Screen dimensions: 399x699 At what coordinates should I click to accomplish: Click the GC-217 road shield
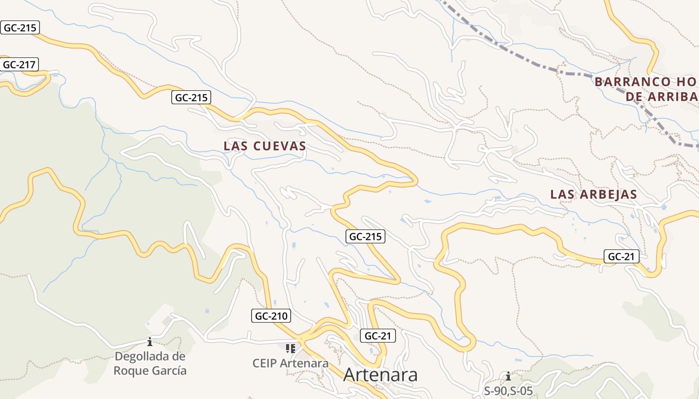click(x=20, y=64)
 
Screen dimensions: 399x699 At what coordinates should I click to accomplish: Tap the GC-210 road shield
click(x=271, y=316)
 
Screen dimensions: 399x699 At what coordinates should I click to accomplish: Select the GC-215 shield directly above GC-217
click(x=20, y=27)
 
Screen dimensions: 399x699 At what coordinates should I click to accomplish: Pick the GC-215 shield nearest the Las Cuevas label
click(x=190, y=98)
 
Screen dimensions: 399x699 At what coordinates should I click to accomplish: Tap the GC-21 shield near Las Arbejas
click(x=621, y=257)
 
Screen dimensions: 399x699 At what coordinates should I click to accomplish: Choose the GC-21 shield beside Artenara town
click(x=377, y=336)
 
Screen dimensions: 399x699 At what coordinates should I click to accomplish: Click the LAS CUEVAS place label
click(x=265, y=146)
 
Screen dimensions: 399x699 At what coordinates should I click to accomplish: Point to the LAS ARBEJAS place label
click(x=594, y=195)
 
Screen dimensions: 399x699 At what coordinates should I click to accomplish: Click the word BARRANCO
click(x=631, y=82)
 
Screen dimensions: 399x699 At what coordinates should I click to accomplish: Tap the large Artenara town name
click(x=380, y=375)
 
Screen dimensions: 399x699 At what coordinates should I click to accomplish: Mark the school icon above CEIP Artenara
click(x=291, y=348)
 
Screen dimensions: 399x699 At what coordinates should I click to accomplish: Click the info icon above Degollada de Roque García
click(x=149, y=342)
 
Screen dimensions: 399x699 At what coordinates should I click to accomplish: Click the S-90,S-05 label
click(x=508, y=391)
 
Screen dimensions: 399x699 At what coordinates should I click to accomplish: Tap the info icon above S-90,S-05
click(x=508, y=376)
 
